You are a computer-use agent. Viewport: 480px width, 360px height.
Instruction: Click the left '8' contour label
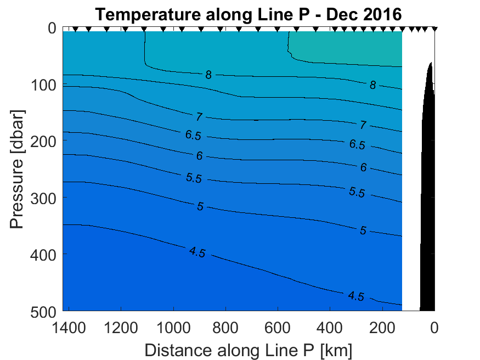tap(208, 75)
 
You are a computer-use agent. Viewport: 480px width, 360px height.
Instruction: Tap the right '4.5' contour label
tap(357, 296)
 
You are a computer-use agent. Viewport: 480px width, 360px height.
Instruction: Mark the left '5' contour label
tap(200, 206)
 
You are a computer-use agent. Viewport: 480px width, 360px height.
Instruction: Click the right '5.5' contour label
tap(357, 193)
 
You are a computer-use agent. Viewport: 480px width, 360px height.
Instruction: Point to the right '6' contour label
tap(363, 167)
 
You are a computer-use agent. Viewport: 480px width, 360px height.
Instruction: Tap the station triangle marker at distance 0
tap(434, 29)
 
